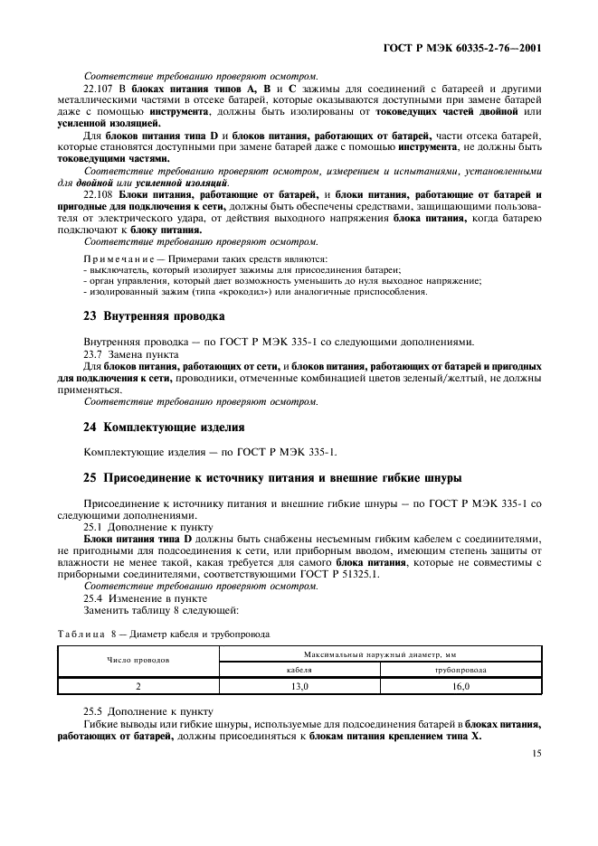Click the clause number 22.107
pos(98,88)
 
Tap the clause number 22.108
pos(98,194)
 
